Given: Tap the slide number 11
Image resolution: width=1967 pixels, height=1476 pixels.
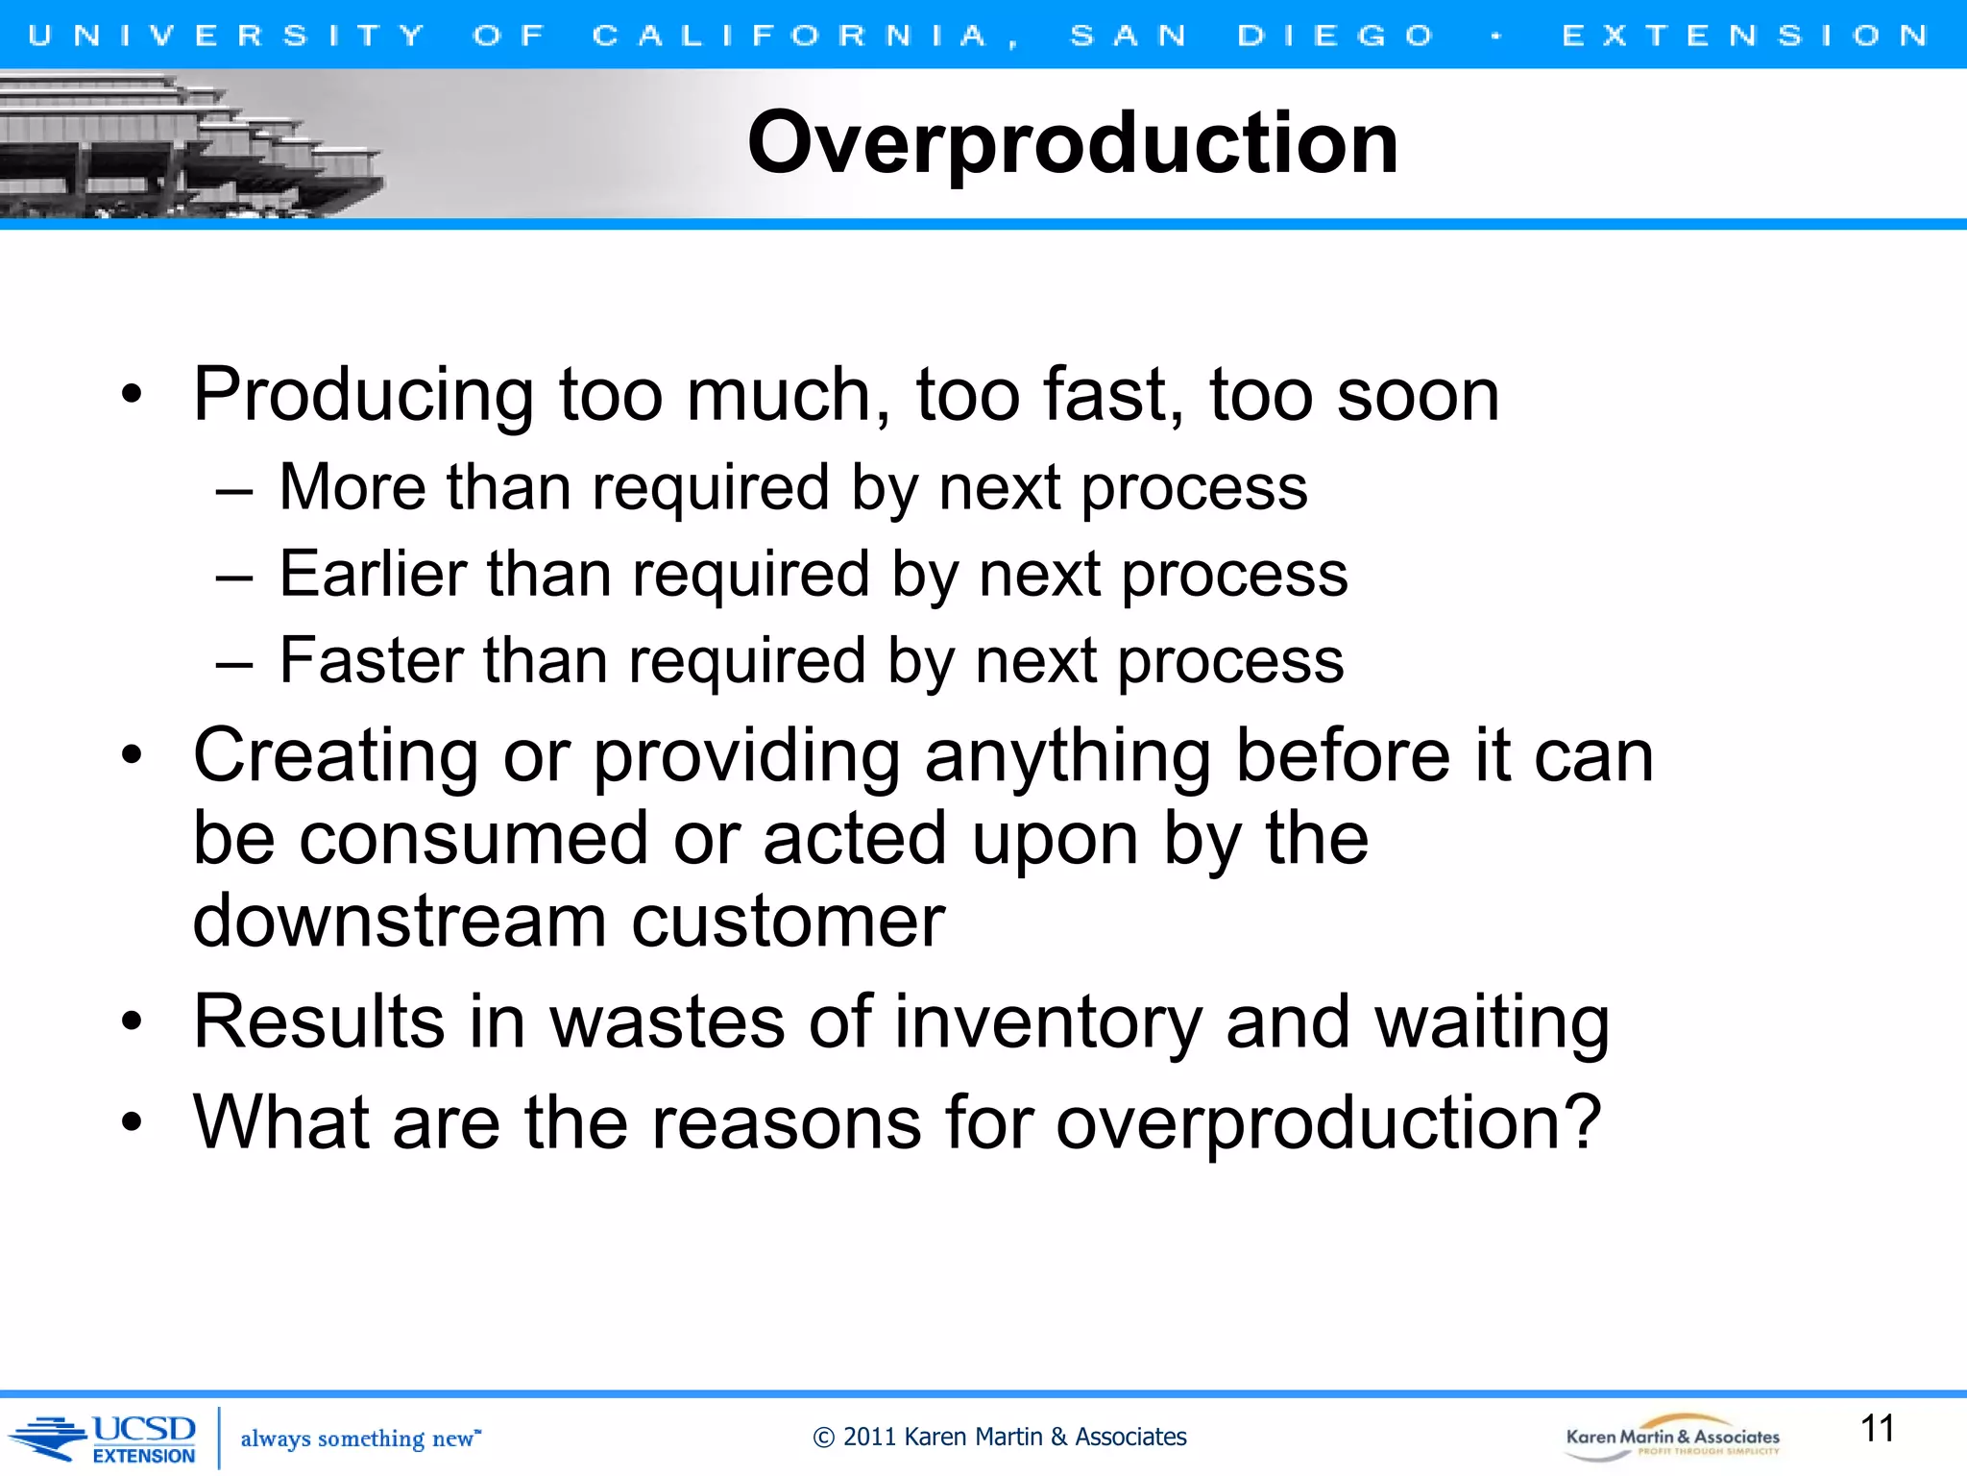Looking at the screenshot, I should pos(1877,1428).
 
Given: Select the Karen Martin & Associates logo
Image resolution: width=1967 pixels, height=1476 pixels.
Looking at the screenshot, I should pos(1672,1439).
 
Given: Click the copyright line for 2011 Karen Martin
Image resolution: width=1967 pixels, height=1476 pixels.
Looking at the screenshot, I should pos(999,1437).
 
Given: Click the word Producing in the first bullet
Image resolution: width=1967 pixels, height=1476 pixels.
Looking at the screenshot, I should pos(363,395).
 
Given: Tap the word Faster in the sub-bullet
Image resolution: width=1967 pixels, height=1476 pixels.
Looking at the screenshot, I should pos(371,660).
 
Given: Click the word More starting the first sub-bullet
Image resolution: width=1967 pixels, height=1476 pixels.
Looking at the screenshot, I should pos(352,487).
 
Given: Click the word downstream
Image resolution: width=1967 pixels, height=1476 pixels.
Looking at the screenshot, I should pos(400,921).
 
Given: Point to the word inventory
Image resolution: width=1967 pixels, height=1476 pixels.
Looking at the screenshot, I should pos(1048,1022).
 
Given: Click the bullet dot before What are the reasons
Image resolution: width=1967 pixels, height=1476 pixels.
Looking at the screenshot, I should pos(132,1122).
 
